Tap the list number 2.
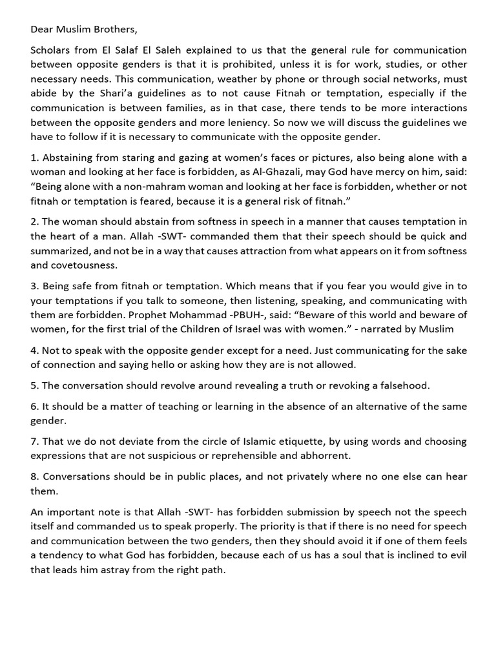(34, 221)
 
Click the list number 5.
(34, 385)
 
